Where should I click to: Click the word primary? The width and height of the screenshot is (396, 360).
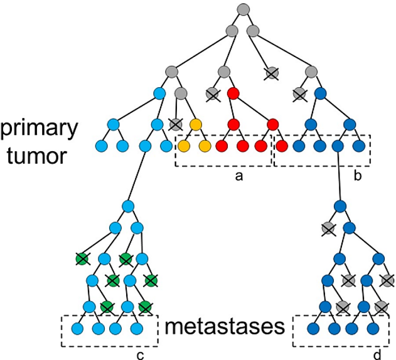coord(39,129)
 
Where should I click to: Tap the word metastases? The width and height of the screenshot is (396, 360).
coord(223,327)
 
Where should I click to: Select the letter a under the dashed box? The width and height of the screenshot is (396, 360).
coord(238,177)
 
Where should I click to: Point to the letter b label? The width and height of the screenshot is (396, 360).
coord(357,177)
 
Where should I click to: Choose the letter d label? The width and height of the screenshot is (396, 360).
coord(377,356)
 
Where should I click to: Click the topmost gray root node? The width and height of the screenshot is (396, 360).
coord(244,9)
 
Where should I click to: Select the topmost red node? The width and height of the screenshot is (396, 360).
coord(233,95)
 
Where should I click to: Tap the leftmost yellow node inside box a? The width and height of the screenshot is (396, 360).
coord(184,147)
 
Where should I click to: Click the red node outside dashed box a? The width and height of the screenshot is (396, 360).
coord(282,147)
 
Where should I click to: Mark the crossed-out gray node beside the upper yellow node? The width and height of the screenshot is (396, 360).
coord(176,123)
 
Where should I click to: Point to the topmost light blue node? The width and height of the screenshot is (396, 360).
coord(160,95)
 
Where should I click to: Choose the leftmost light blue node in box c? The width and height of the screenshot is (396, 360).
coord(77,327)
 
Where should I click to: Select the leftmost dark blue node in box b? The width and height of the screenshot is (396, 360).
coord(299,147)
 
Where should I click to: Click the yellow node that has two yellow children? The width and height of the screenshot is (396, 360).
coord(196,123)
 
